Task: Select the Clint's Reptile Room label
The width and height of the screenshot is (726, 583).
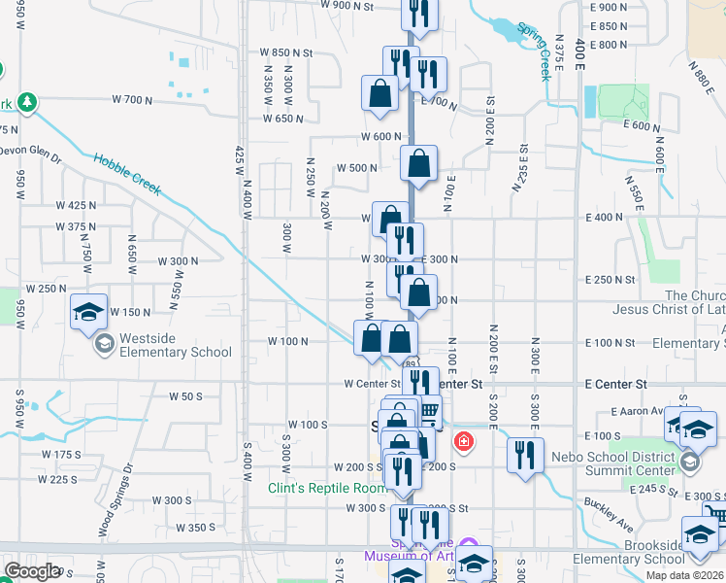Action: pos(327,488)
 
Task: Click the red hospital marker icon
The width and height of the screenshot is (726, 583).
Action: pos(464,443)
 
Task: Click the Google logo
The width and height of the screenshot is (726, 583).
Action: pos(32,571)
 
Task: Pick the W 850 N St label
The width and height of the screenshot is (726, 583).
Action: pos(286,52)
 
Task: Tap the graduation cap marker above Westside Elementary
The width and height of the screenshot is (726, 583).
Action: pos(88,312)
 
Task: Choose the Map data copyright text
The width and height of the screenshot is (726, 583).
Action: pos(685,575)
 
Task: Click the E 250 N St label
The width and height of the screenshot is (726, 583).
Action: pos(610,279)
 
